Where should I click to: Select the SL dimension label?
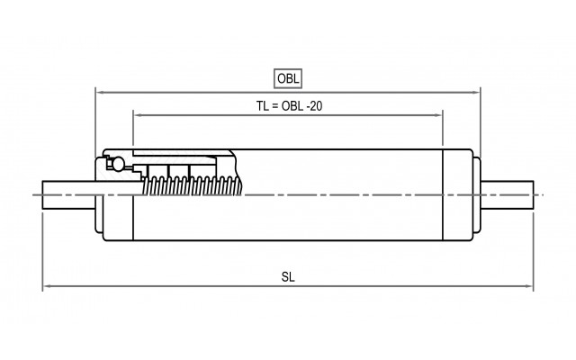[288, 277]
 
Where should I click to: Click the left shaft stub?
[68, 195]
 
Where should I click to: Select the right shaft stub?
[509, 195]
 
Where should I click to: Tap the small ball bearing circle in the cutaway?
[113, 164]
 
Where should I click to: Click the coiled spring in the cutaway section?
[193, 185]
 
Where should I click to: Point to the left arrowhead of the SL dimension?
[47, 288]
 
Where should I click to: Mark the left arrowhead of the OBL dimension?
[99, 91]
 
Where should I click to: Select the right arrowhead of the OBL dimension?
[477, 91]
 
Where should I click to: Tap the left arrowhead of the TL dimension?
[137, 113]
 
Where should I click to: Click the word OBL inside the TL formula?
[296, 105]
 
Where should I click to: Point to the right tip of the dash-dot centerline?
[544, 195]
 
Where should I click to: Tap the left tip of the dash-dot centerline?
[32, 195]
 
